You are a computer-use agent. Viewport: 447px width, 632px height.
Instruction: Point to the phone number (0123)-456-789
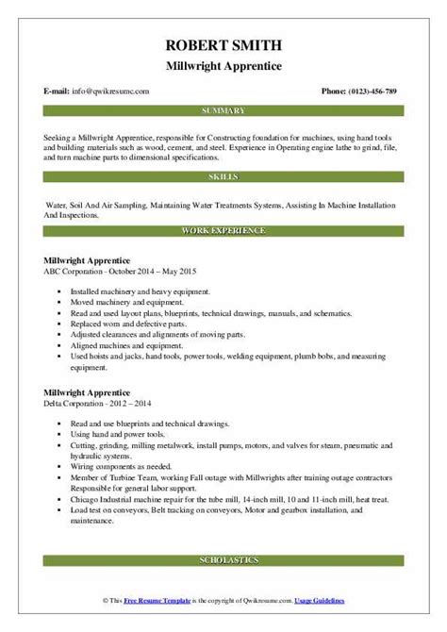(x=372, y=91)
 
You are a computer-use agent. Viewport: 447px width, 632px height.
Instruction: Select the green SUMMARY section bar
(x=223, y=110)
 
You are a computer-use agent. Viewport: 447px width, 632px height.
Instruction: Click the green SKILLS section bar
(x=223, y=176)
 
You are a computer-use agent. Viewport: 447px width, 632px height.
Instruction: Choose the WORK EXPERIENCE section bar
(x=223, y=230)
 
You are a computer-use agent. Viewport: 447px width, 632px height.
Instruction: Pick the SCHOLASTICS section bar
(x=223, y=588)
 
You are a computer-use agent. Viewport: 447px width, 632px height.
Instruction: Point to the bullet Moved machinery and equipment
(x=121, y=303)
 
